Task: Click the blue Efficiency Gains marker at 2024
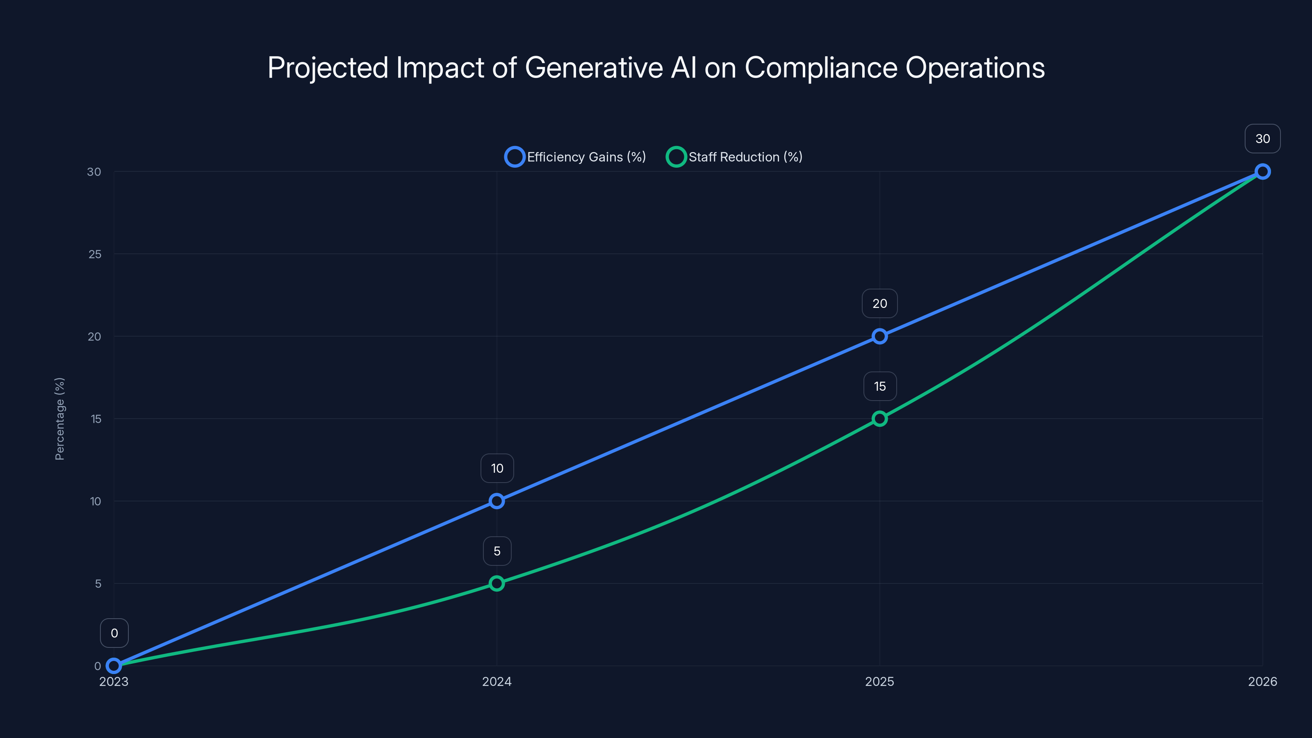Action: click(497, 501)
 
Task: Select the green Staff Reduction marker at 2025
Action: click(879, 419)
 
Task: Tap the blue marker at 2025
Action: click(879, 336)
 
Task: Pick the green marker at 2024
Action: click(497, 583)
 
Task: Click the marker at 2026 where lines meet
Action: click(1262, 172)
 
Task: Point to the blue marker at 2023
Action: click(114, 666)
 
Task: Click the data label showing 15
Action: click(879, 387)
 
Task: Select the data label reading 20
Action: click(879, 303)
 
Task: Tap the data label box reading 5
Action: click(497, 551)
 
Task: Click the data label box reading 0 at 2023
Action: click(114, 633)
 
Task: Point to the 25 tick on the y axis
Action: click(95, 254)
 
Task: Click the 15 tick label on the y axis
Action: click(96, 419)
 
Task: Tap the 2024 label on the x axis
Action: click(497, 681)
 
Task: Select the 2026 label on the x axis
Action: click(1262, 681)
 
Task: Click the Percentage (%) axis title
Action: click(59, 419)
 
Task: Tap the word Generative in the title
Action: click(593, 68)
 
